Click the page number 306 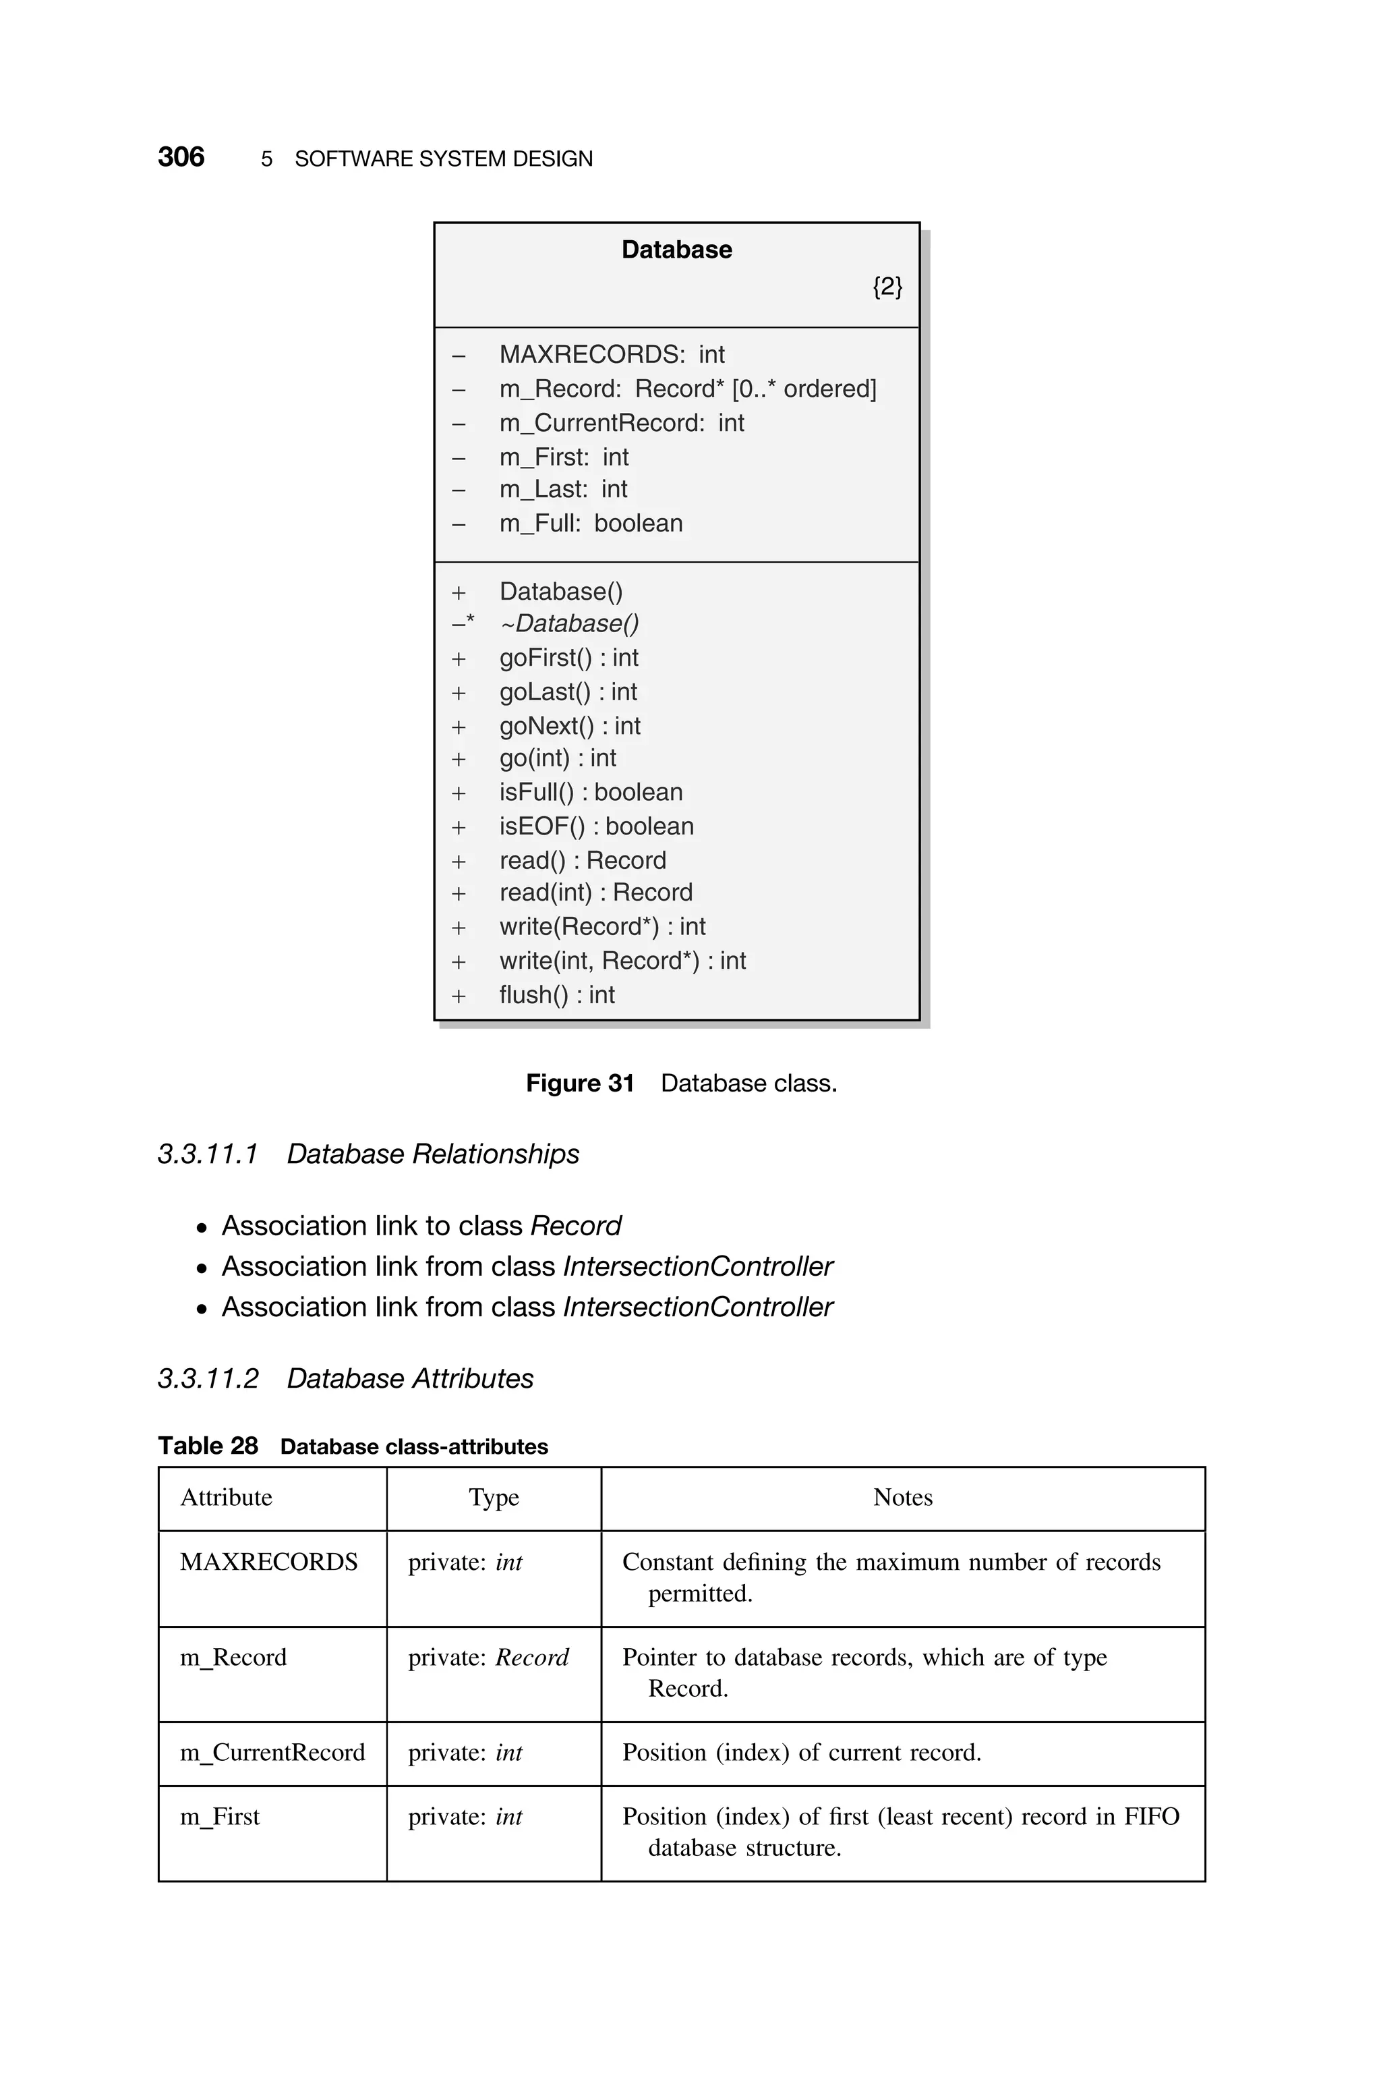coord(181,158)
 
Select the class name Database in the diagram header coord(676,250)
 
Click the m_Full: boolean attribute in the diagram coord(590,524)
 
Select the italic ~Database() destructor coord(569,623)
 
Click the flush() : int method coord(556,994)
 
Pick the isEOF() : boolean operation coord(596,826)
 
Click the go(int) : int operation coord(558,758)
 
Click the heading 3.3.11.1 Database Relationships coord(368,1154)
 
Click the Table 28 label coord(208,1446)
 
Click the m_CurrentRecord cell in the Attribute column coord(272,1752)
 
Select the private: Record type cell coord(488,1657)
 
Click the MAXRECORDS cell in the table coord(268,1562)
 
